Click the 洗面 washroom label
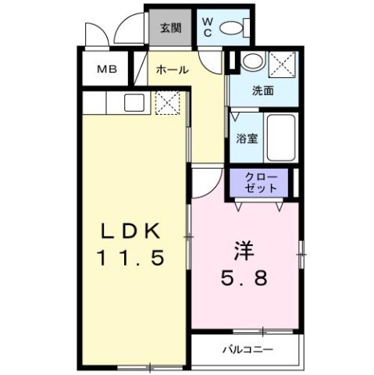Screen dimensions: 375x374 [x=262, y=91]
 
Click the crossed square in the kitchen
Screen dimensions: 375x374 [x=167, y=102]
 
